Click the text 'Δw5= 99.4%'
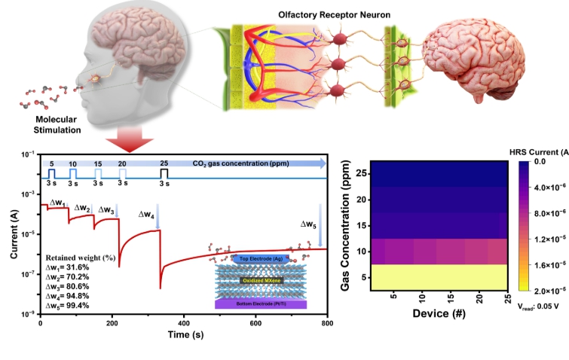tap(67, 306)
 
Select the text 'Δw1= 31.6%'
tap(67, 267)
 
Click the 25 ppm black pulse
tap(164, 174)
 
